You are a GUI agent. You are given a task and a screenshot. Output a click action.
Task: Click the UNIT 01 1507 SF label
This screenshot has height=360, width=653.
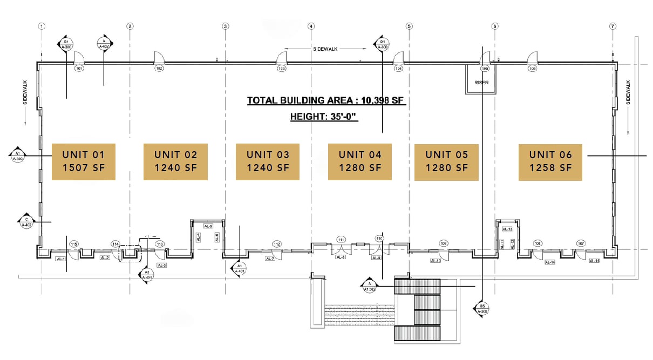[84, 161]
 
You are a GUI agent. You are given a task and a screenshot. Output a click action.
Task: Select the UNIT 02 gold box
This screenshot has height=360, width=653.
[175, 161]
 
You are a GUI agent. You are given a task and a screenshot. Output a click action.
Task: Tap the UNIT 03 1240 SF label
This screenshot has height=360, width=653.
[268, 161]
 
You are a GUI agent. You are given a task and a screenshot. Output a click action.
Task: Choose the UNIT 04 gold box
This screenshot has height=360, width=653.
[360, 161]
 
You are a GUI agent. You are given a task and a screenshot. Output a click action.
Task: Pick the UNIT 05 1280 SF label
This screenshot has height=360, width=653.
[446, 161]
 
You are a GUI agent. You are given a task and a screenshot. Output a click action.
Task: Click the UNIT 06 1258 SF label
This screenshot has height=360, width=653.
[550, 161]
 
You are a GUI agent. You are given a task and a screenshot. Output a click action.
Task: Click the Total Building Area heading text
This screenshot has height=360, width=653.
[325, 100]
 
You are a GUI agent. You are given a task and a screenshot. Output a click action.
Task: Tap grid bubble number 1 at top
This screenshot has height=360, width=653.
[42, 25]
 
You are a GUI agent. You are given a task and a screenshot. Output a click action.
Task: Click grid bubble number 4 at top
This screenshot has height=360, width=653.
[311, 25]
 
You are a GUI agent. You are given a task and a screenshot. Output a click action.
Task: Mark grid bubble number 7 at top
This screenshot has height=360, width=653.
[613, 25]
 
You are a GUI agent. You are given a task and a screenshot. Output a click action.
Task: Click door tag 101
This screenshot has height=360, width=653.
[79, 69]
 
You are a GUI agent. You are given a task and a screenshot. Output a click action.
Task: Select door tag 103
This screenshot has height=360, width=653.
[281, 69]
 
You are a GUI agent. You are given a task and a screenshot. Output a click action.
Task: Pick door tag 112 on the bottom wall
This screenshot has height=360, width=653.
[277, 244]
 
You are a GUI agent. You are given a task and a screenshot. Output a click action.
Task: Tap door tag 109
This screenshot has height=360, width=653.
[444, 244]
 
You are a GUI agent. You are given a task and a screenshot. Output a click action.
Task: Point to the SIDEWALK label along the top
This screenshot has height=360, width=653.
[325, 49]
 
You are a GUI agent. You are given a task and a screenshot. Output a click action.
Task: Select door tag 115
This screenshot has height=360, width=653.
[74, 244]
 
